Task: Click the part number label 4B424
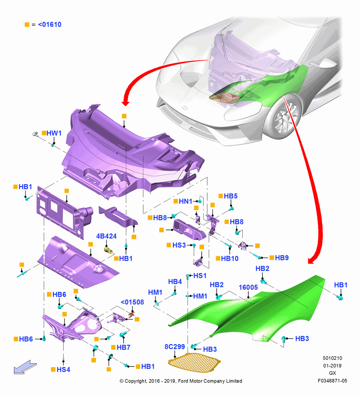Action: pos(106,236)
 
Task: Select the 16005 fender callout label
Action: pos(248,287)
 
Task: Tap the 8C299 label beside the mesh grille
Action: pos(174,347)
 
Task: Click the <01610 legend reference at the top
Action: pos(50,24)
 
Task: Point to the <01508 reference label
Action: pos(132,302)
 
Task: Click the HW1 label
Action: pos(54,133)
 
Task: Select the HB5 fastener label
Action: pos(231,196)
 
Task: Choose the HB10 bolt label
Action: pos(230,258)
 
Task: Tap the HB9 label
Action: pos(282,258)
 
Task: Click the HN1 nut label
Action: pos(186,201)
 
